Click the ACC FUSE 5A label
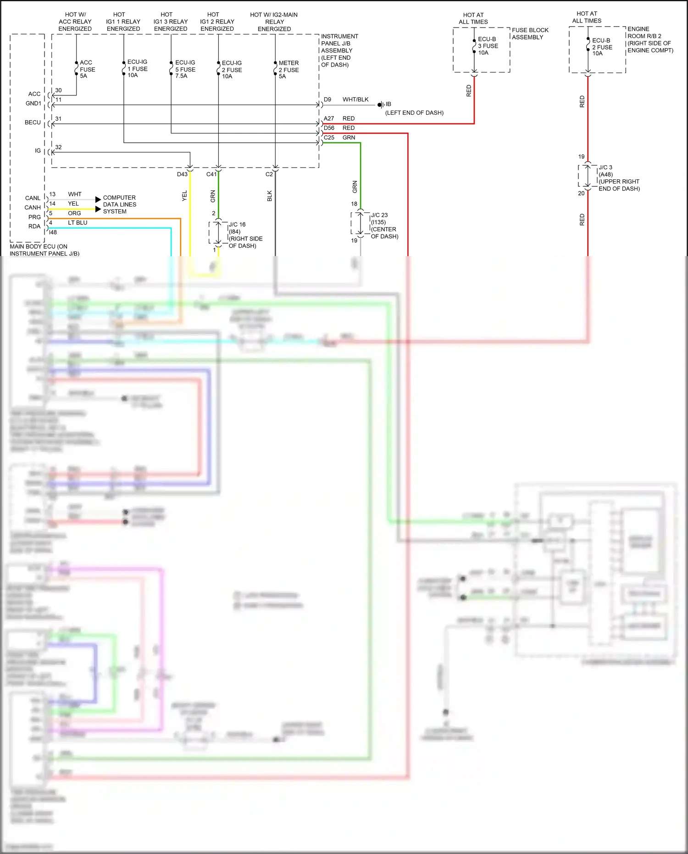pos(87,69)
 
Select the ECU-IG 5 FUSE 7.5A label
pos(185,69)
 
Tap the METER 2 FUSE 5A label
pos(289,70)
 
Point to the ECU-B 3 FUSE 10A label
pos(488,46)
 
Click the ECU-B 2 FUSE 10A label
pos(602,47)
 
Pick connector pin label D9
pos(327,100)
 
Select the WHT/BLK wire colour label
pos(355,100)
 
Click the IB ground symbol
pos(380,105)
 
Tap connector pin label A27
pos(329,118)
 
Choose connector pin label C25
pos(329,138)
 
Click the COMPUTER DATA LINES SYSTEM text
pos(119,205)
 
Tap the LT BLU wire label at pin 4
pos(78,223)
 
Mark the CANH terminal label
pos(33,207)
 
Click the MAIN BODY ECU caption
pos(44,250)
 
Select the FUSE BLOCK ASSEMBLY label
pos(530,33)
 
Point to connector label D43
pos(182,174)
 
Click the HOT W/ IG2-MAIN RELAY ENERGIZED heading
pos(274,22)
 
